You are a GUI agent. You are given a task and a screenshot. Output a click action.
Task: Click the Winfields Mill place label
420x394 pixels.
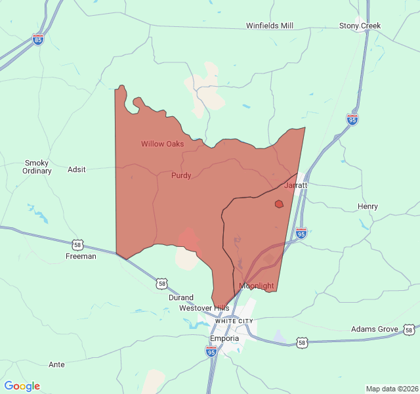[270, 26]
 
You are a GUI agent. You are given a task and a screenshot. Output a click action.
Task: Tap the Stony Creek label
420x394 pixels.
[360, 26]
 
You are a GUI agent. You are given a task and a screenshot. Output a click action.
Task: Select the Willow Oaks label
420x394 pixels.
[162, 144]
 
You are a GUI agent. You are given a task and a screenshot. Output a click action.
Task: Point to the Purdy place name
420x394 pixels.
[181, 176]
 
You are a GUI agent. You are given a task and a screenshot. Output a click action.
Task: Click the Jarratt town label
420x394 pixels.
[296, 186]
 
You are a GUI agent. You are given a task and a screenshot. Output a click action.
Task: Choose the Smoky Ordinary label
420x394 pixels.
[37, 167]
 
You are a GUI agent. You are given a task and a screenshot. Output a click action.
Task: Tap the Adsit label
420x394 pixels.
[77, 169]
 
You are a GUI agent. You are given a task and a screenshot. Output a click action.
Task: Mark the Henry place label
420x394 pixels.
[367, 207]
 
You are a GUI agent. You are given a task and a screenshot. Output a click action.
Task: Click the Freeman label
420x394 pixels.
[81, 257]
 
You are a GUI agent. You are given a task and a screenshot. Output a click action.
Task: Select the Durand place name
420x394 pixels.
[181, 297]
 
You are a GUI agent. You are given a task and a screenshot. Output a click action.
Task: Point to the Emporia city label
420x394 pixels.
[224, 339]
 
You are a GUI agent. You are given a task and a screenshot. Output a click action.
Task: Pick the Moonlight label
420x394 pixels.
[257, 286]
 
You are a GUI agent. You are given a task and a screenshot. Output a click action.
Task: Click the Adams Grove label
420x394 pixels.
[375, 329]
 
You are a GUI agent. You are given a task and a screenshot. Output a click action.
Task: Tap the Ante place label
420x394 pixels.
[57, 364]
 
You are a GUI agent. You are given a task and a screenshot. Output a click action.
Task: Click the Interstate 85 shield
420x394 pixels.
[39, 39]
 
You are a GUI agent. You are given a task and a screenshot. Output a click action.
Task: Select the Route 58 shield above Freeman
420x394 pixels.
[78, 245]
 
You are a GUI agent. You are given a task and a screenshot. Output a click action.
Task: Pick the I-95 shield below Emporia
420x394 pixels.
[211, 352]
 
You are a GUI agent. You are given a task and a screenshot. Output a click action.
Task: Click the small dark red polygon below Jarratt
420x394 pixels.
[279, 204]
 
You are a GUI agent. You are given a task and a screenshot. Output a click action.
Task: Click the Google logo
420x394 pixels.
[22, 386]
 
